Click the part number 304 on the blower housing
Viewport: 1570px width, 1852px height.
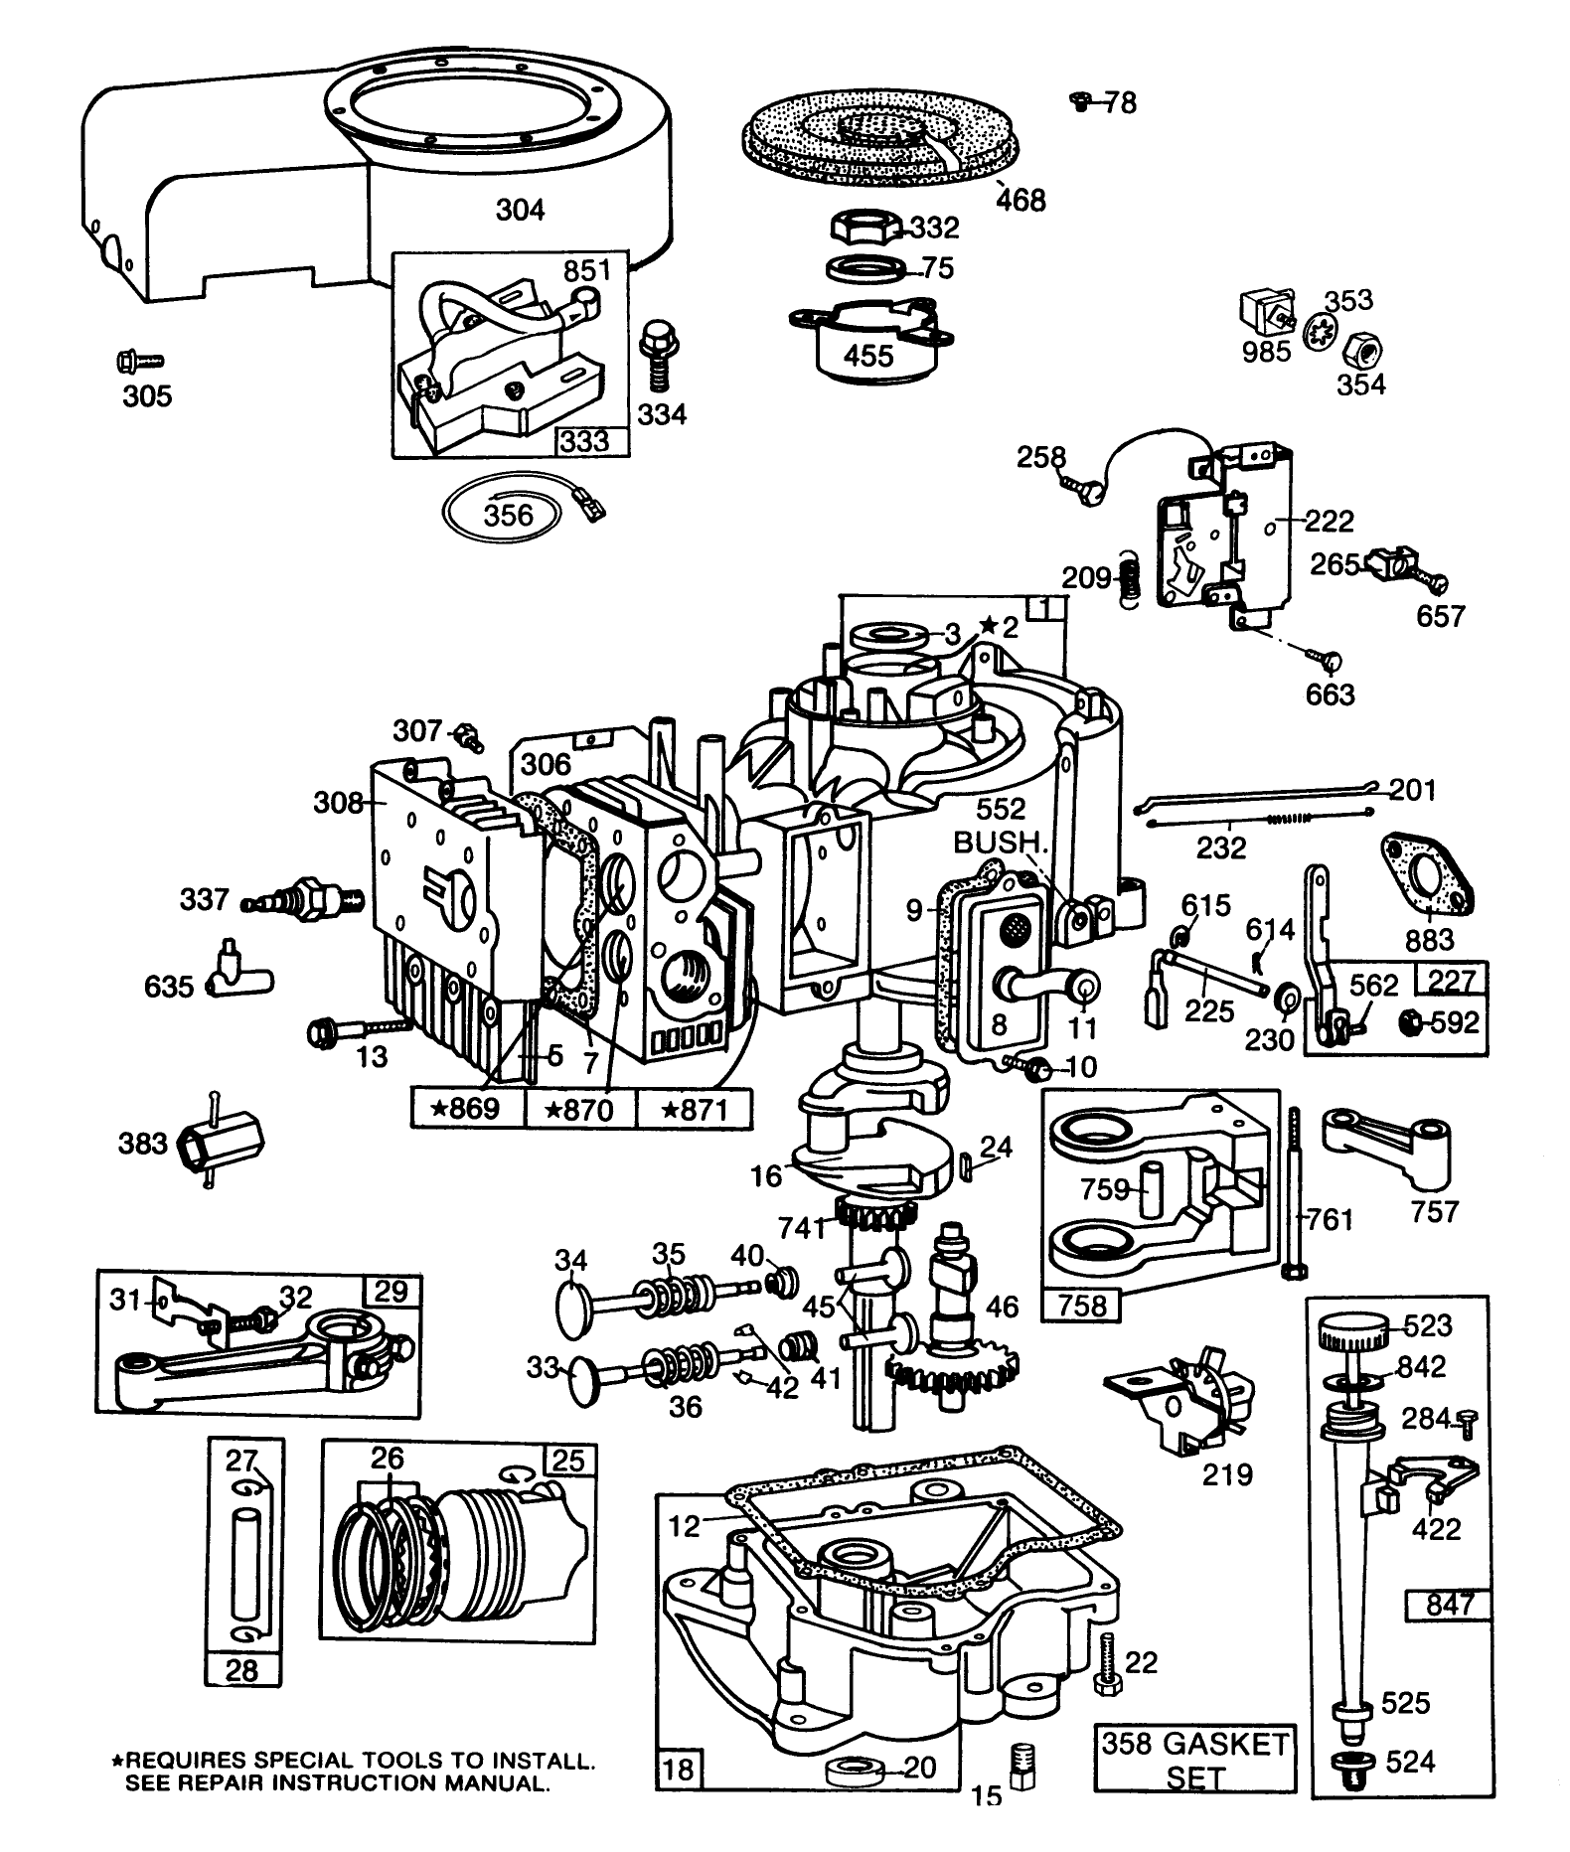[x=520, y=210]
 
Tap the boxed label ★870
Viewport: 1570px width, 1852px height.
[x=579, y=1109]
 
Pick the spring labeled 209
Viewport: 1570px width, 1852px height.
[x=1129, y=576]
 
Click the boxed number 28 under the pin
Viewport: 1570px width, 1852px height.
[x=241, y=1670]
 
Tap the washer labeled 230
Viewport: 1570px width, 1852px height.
[x=1286, y=997]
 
